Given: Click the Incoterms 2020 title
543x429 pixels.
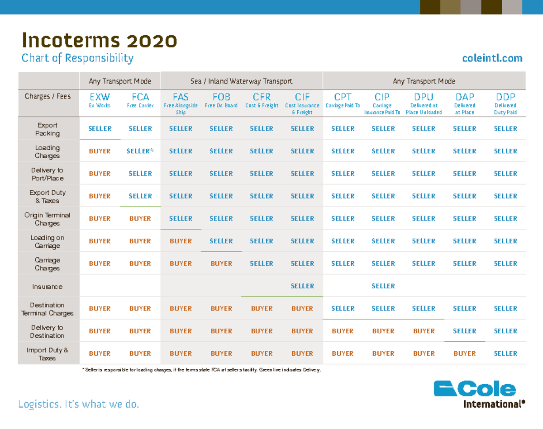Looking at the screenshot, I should [99, 41].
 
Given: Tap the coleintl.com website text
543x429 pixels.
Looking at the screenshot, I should [492, 58].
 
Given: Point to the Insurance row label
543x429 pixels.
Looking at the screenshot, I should [47, 287].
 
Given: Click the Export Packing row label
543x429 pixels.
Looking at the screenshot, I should [47, 129].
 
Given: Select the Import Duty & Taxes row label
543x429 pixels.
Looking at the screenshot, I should [47, 354].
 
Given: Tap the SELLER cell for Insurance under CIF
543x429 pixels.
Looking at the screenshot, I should [302, 286].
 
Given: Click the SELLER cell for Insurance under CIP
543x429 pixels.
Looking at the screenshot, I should [383, 286].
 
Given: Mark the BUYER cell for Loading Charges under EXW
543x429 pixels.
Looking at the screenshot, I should [100, 151].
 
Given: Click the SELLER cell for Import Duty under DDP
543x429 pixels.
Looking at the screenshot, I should [505, 354].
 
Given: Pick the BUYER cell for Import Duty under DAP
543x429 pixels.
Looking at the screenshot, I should [465, 354].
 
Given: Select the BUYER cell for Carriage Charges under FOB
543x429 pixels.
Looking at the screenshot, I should [221, 264].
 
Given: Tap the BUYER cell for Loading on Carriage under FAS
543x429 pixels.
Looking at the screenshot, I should [181, 241].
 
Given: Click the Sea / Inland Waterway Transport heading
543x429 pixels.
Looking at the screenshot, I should [241, 81].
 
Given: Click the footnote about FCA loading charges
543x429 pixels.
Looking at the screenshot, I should [201, 370].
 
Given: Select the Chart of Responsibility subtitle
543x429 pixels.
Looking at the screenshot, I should [77, 58].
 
